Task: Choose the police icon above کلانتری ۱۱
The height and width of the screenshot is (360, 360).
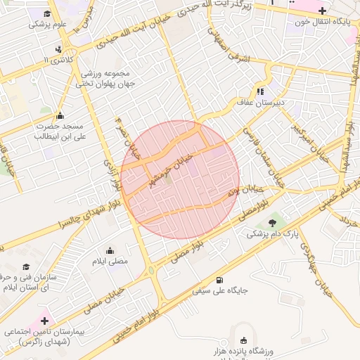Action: point(58,50)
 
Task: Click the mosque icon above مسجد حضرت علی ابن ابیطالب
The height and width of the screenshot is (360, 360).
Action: point(60,115)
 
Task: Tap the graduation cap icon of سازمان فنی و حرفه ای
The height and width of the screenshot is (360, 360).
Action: point(27,266)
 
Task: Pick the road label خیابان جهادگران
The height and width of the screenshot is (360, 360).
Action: point(314,264)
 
